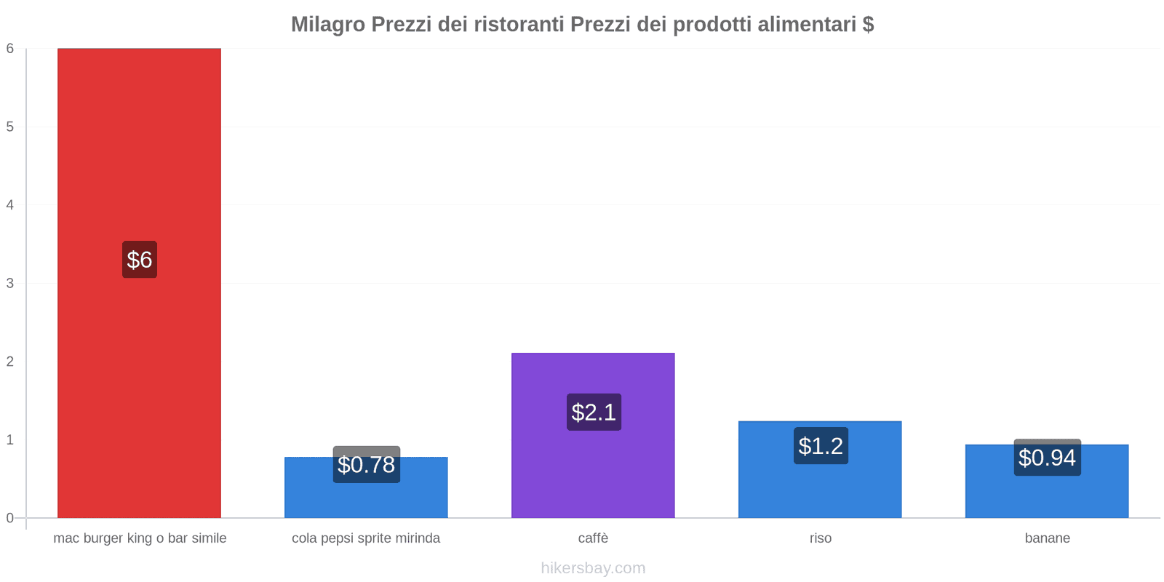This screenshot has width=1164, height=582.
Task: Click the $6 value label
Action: [x=139, y=260]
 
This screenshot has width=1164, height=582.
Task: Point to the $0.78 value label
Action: [x=366, y=464]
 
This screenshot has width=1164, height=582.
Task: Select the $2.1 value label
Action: [x=594, y=412]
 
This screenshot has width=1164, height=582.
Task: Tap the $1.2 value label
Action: [x=821, y=446]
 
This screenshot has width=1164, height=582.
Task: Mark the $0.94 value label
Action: [x=1047, y=458]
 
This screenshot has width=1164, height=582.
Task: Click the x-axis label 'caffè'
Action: [x=593, y=538]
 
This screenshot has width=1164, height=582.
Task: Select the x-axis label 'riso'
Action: [x=820, y=538]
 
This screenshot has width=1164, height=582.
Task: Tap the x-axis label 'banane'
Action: [x=1047, y=538]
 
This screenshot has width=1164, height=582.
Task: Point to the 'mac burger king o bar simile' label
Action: [x=140, y=538]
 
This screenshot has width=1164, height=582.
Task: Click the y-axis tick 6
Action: [x=10, y=49]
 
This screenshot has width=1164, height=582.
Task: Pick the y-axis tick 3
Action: [x=10, y=283]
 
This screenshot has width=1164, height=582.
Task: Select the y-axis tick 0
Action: [x=10, y=518]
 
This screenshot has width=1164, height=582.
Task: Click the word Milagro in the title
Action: [x=328, y=25]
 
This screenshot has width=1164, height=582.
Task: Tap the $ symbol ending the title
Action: [x=868, y=25]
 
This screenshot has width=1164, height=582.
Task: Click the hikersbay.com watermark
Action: [x=593, y=568]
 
